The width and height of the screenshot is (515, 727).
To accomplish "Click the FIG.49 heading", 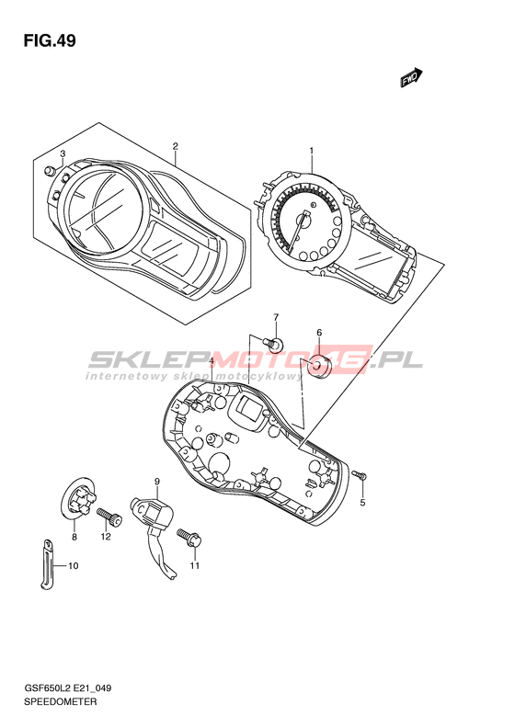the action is [x=50, y=41].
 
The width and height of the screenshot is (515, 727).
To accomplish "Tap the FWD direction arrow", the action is [x=411, y=77].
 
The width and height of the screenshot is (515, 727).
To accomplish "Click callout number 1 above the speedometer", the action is [x=312, y=151].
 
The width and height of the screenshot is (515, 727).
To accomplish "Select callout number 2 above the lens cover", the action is [x=176, y=146].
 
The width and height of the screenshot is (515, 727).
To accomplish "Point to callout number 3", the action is [x=63, y=153].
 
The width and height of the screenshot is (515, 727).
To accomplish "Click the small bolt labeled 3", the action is [x=49, y=171].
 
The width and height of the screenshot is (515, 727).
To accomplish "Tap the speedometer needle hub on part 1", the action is [x=306, y=222].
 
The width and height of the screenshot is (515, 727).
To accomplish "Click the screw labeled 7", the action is [x=273, y=344].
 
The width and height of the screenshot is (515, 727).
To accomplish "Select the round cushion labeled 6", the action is [x=319, y=367].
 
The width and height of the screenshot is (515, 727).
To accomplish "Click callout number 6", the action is [x=319, y=332].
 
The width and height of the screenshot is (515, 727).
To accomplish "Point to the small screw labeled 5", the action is [x=359, y=475].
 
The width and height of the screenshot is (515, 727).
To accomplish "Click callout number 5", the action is [x=363, y=503].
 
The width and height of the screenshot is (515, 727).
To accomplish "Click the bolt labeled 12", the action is [x=109, y=517].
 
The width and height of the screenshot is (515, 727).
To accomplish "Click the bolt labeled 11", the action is [x=189, y=539].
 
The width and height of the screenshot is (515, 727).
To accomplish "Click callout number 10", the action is [x=74, y=565].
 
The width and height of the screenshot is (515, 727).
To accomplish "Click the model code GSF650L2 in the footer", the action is [x=45, y=688].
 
